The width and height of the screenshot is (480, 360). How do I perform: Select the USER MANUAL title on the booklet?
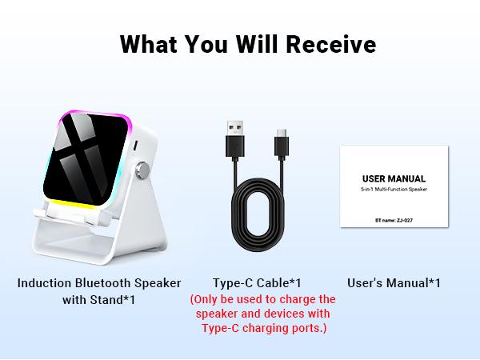tap(394, 178)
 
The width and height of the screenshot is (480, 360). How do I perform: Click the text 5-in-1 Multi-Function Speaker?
tap(394, 190)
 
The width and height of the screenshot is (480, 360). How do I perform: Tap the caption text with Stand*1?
tap(98, 300)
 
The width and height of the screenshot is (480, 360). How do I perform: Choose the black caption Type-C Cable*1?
tap(257, 283)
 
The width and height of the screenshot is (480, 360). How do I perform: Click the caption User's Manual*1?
tap(394, 283)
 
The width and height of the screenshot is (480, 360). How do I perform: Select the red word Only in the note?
tap(208, 299)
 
